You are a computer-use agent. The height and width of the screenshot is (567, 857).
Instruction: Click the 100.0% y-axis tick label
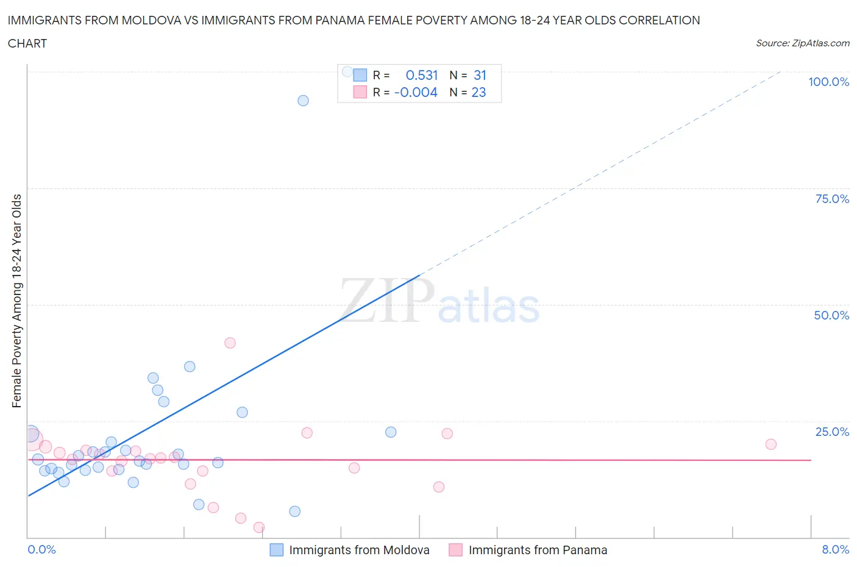pos(828,82)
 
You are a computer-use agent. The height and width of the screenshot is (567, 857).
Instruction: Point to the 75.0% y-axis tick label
pos(831,199)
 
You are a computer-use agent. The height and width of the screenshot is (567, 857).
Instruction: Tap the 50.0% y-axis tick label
pos(831,315)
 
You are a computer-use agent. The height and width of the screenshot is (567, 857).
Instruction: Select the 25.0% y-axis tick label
pos(831,432)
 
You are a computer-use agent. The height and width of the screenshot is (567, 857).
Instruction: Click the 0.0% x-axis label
pos(41,549)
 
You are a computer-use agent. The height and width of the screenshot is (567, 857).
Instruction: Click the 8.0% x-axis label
pos(835,549)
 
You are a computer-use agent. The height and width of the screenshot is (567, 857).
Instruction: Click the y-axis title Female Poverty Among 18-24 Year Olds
pos(16,301)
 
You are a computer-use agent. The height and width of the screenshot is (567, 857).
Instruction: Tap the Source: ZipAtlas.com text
pos(802,43)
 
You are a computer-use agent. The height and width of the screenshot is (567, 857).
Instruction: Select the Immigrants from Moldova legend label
pos(359,550)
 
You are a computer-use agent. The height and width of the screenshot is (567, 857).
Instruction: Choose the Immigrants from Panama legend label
pos(538,550)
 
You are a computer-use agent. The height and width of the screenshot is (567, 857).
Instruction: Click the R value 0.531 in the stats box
pos(422,75)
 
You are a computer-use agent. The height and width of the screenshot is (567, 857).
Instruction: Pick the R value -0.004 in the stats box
pos(416,92)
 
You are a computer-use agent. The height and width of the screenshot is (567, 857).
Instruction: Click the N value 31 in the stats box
pos(480,75)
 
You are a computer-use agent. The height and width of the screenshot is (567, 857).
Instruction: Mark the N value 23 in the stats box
pos(478,92)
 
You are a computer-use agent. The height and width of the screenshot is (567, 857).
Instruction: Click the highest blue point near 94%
pos(303,101)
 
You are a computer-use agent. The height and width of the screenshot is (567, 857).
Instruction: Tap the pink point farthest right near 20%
pos(770,444)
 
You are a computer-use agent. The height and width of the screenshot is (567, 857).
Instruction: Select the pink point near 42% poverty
pos(230,343)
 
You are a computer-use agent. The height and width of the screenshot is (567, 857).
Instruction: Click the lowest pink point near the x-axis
pos(258,527)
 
